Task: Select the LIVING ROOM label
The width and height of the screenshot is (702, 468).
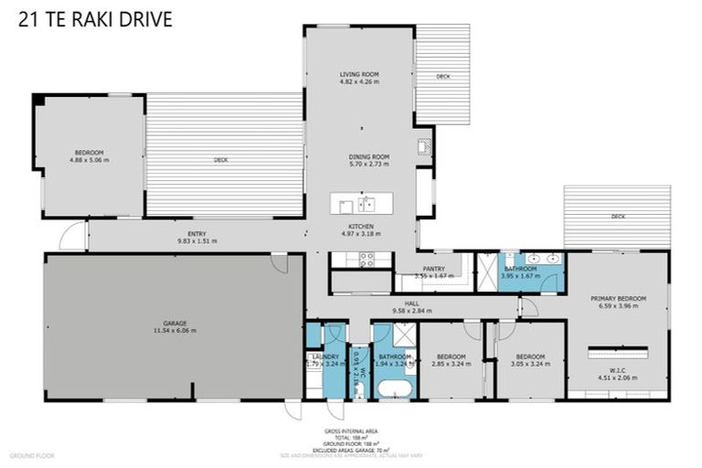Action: click(x=359, y=74)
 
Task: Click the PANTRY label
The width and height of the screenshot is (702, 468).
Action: click(x=433, y=269)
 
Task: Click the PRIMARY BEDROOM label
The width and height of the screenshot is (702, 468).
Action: click(x=618, y=299)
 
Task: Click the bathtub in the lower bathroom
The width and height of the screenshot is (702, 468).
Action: click(x=395, y=389)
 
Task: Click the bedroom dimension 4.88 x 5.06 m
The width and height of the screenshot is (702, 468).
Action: click(x=89, y=160)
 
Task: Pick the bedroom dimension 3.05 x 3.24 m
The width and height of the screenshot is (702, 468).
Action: click(x=530, y=364)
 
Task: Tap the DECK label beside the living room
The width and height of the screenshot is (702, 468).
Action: click(x=443, y=76)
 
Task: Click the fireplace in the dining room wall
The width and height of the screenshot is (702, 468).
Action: click(x=424, y=146)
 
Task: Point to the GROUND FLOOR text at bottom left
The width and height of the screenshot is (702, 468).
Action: click(x=32, y=454)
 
